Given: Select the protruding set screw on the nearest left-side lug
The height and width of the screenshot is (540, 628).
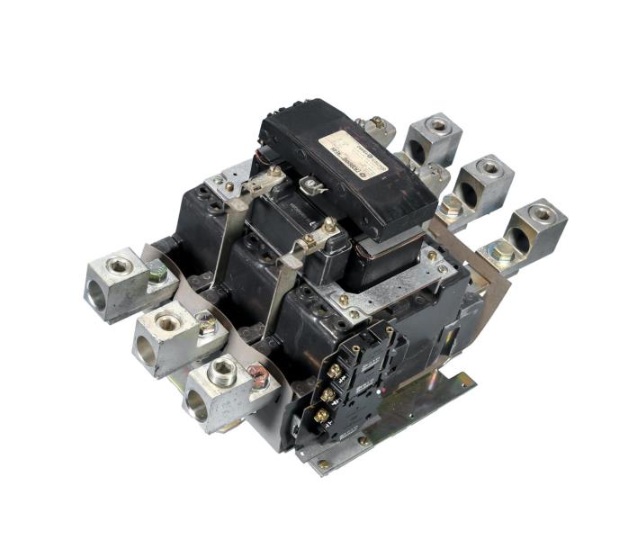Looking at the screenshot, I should click(221, 370).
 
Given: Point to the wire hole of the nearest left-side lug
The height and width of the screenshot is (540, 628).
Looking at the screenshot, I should click(196, 408).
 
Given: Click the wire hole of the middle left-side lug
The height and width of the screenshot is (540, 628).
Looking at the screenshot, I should click(145, 352).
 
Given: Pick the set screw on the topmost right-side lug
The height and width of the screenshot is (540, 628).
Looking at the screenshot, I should click(438, 126).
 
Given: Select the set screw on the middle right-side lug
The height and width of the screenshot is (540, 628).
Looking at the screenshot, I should click(489, 166).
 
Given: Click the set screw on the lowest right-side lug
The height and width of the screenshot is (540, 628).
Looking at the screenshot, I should click(542, 212).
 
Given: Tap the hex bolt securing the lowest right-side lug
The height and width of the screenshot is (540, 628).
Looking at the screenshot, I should click(500, 254).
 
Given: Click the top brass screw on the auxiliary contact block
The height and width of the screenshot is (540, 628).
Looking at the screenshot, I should click(335, 370).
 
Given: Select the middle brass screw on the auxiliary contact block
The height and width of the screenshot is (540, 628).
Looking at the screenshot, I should click(328, 393).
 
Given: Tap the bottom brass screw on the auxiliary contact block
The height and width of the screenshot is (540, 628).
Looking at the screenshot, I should click(321, 416).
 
